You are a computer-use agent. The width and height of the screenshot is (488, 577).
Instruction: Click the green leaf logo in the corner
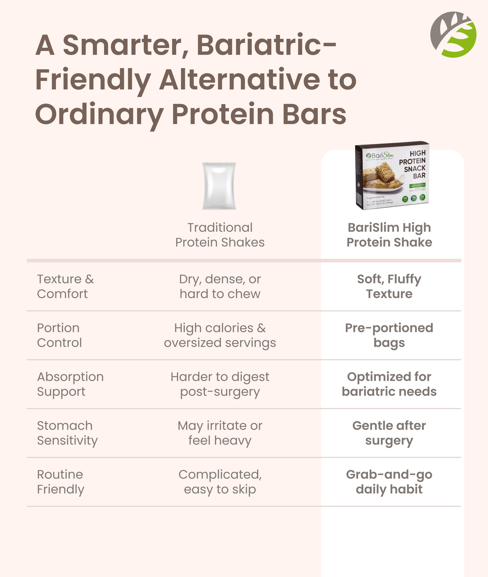(x=453, y=34)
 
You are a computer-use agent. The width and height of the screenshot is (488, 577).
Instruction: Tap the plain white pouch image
(x=219, y=186)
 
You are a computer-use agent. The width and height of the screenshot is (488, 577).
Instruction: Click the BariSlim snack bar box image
(x=392, y=175)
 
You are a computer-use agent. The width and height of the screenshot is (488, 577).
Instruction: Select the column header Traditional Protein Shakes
(x=220, y=235)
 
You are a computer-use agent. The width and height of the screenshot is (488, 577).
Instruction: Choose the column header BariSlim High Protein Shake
(x=389, y=235)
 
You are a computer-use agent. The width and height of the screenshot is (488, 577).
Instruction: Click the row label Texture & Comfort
(x=65, y=286)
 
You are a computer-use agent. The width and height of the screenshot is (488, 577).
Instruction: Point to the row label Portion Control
(x=59, y=335)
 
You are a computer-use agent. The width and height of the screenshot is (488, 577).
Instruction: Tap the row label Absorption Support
(x=70, y=384)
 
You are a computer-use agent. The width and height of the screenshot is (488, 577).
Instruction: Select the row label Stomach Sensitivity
(x=67, y=433)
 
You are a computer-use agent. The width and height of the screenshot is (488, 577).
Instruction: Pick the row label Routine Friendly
(x=60, y=482)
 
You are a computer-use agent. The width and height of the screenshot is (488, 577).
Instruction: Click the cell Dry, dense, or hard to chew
(x=220, y=286)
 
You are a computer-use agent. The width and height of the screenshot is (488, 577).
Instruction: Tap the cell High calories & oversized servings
(x=220, y=335)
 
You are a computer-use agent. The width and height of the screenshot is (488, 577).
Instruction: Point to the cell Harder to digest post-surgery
(x=220, y=384)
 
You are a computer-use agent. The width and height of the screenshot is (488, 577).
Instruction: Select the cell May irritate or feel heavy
(x=220, y=433)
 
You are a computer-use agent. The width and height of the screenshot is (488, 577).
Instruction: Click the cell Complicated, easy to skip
(x=220, y=482)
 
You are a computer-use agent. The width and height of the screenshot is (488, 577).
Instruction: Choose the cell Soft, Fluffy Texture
(x=389, y=286)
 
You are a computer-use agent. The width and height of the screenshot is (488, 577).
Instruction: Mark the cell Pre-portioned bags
(x=389, y=335)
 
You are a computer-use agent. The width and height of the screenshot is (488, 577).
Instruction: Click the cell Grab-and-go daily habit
(x=389, y=482)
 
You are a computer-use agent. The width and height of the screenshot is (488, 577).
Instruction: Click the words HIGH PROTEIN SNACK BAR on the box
(x=413, y=165)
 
